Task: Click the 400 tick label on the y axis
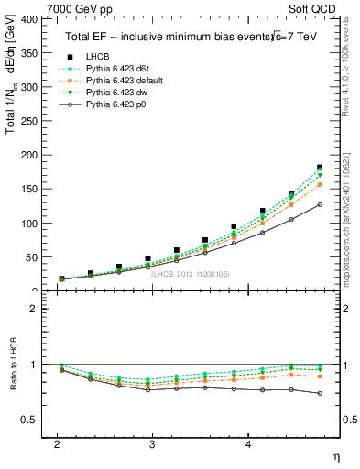pos(27,19)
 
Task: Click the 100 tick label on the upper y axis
pos(27,224)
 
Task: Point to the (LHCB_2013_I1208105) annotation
pos(190,273)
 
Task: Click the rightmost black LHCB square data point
pos(320,168)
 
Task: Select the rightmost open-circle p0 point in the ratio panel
pos(320,393)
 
